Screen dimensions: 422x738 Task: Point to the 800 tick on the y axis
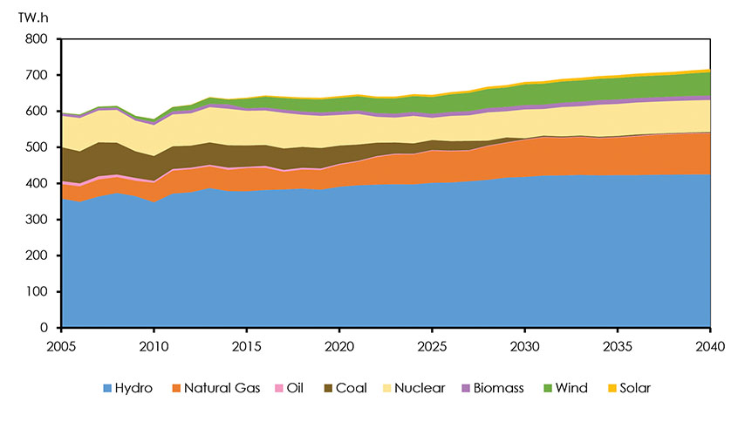[37, 39]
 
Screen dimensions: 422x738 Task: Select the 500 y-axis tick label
[37, 147]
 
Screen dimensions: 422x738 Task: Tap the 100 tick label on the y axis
[37, 292]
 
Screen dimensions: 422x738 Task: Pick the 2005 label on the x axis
[61, 345]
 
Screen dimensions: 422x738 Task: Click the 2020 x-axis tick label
[339, 345]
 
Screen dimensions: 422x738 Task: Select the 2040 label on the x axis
[710, 345]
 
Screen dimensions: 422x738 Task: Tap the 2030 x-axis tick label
[524, 345]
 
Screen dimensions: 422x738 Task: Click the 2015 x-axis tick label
[247, 345]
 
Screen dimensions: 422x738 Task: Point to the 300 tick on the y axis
[37, 220]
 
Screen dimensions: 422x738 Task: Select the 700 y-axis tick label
[37, 76]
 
